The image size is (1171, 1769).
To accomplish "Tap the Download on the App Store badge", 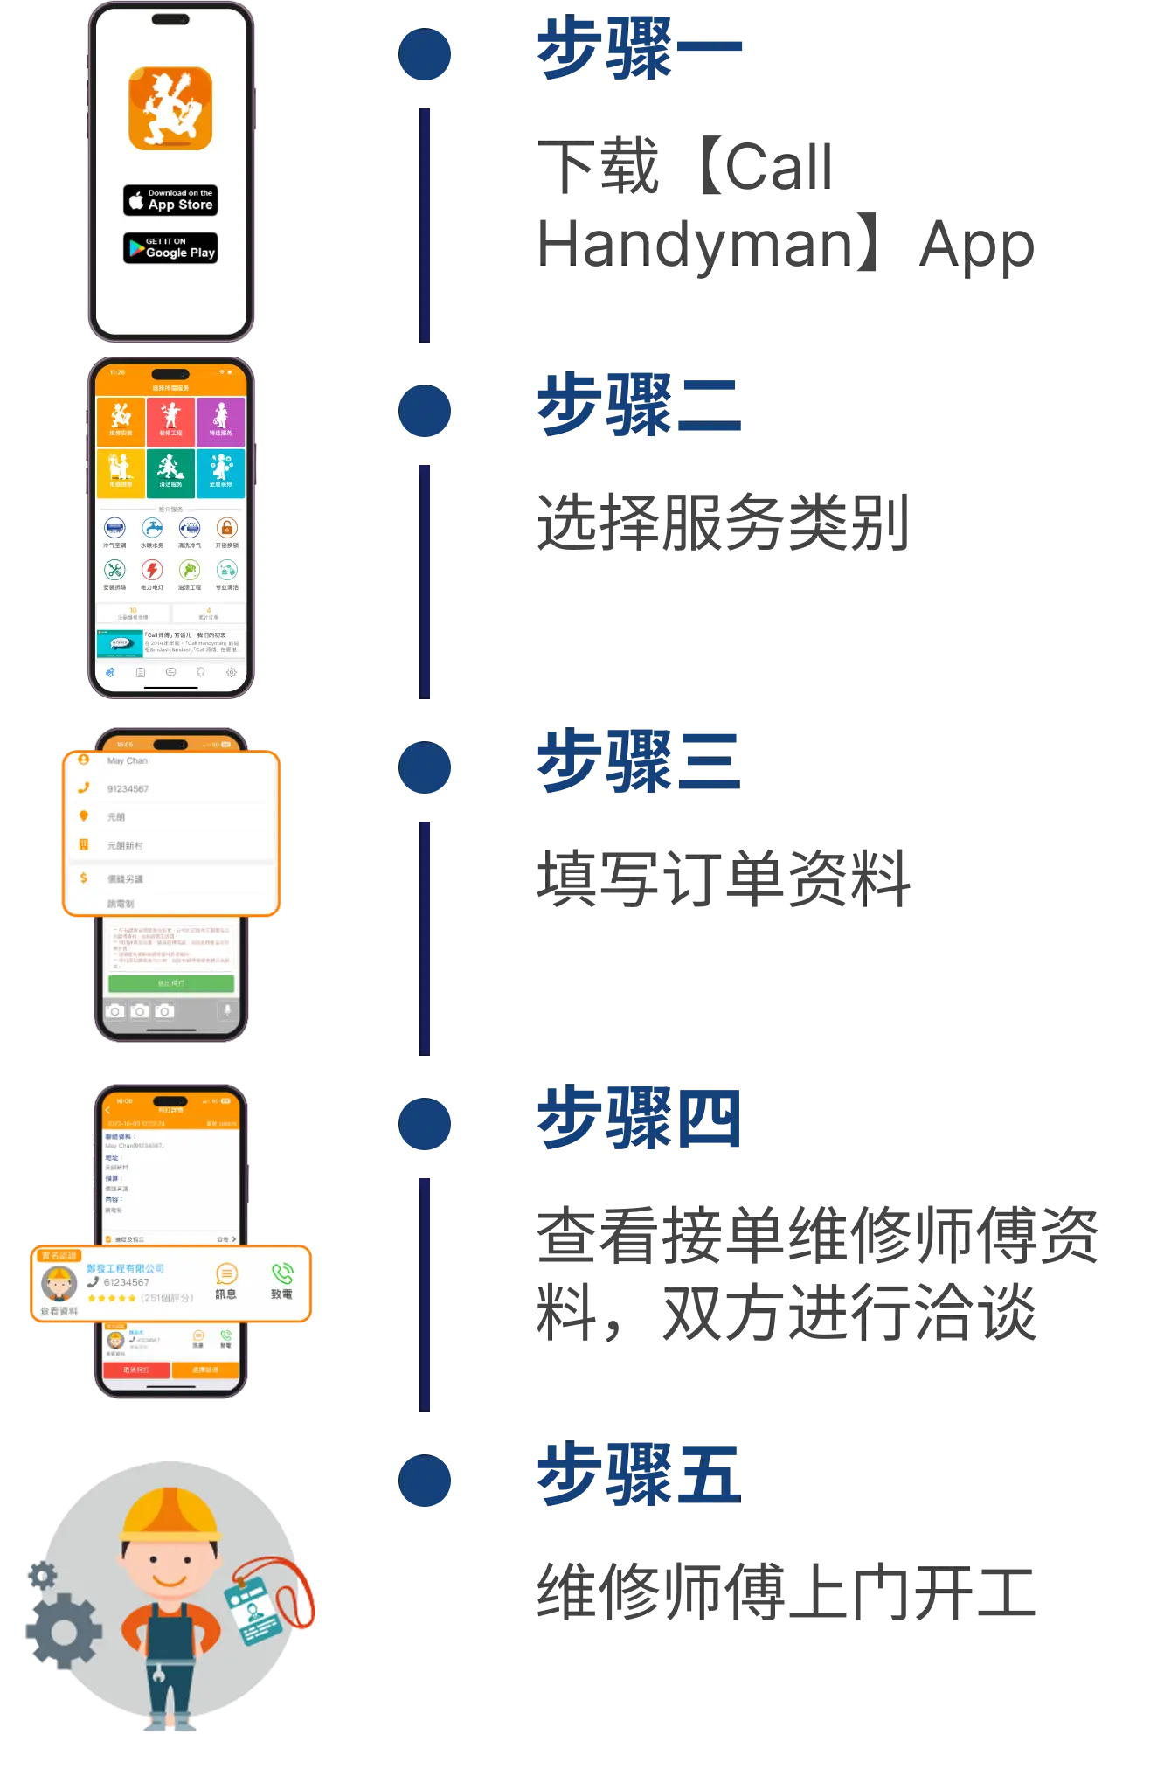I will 170,200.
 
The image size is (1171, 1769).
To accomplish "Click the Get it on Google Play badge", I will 170,248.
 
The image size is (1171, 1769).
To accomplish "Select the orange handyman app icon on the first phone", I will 170,108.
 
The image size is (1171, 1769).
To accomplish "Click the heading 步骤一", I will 639,49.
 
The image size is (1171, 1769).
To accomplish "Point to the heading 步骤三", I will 637,761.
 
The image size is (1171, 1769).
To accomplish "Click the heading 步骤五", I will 637,1474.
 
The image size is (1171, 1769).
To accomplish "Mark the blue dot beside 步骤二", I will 426,411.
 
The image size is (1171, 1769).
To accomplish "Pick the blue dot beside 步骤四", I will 426,1124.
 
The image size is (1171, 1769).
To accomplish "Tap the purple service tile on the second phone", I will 221,421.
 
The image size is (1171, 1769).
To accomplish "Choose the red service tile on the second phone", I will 170,421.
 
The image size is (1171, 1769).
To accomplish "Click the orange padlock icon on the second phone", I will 226,528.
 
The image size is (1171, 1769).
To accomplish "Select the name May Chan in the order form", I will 128,761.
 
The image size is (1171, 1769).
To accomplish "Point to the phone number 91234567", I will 128,789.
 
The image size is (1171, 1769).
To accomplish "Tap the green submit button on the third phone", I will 170,983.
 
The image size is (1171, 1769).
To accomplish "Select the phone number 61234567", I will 126,1282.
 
